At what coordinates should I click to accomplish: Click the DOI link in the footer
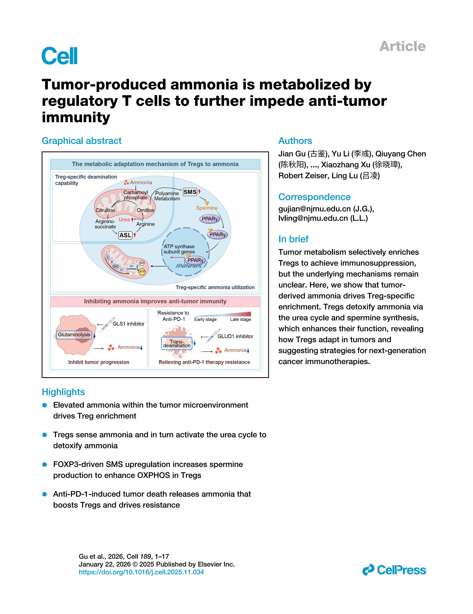tap(141, 572)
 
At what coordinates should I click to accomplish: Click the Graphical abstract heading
tap(81, 141)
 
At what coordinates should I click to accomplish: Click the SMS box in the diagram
tap(190, 192)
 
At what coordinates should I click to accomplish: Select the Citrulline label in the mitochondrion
tap(105, 210)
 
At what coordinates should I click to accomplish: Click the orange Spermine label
tap(207, 208)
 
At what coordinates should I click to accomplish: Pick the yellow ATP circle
tap(142, 272)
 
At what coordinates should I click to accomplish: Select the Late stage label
tap(240, 319)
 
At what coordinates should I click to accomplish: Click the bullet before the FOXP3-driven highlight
tap(44, 464)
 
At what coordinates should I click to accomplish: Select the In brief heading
tap(293, 239)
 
